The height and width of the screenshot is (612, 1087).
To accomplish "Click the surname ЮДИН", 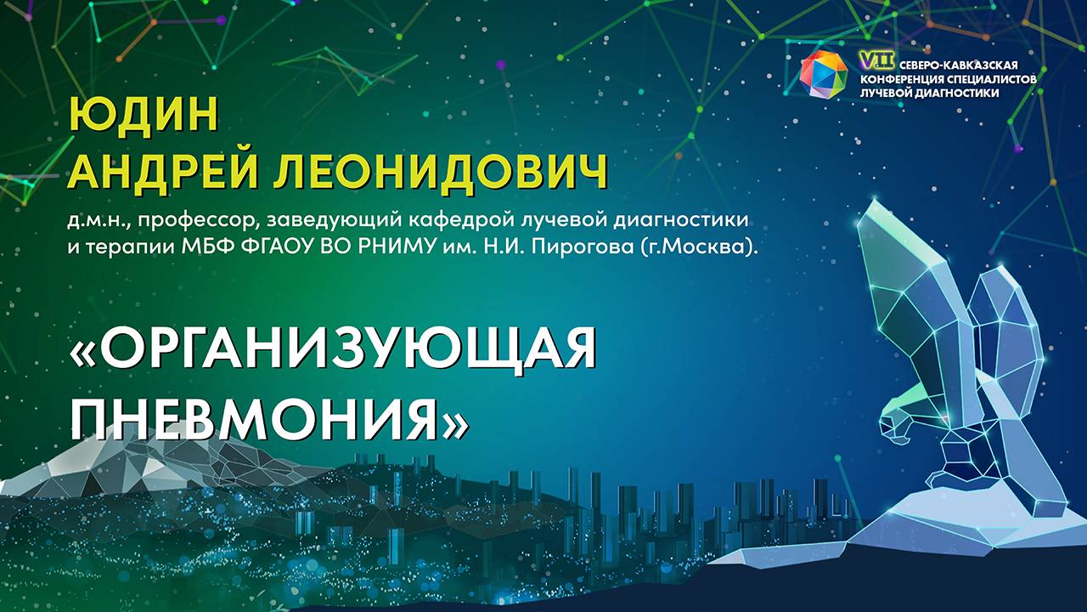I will (143, 114).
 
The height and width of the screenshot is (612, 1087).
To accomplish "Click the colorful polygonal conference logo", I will (824, 74).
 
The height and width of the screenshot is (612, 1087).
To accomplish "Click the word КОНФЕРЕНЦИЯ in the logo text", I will (907, 79).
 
